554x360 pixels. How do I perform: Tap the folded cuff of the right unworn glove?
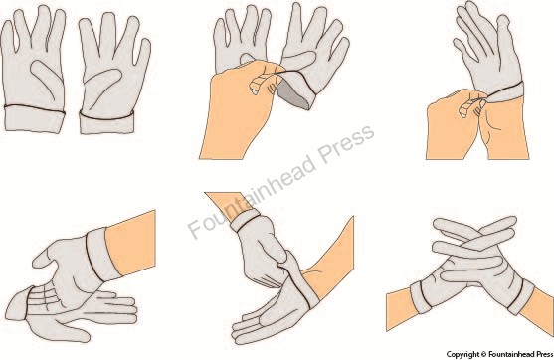[x=106, y=123]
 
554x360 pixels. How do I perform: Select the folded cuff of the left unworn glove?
[x=35, y=119]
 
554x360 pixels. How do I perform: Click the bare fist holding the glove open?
[x=241, y=109]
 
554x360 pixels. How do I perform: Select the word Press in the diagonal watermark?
[x=346, y=144]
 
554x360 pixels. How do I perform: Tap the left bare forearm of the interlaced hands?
[x=400, y=306]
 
